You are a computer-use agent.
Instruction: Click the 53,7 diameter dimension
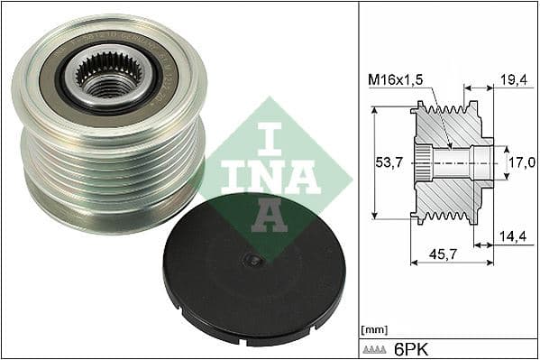tap(387, 162)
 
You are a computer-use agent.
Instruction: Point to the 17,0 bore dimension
tap(521, 162)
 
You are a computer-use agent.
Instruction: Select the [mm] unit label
tap(372, 328)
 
